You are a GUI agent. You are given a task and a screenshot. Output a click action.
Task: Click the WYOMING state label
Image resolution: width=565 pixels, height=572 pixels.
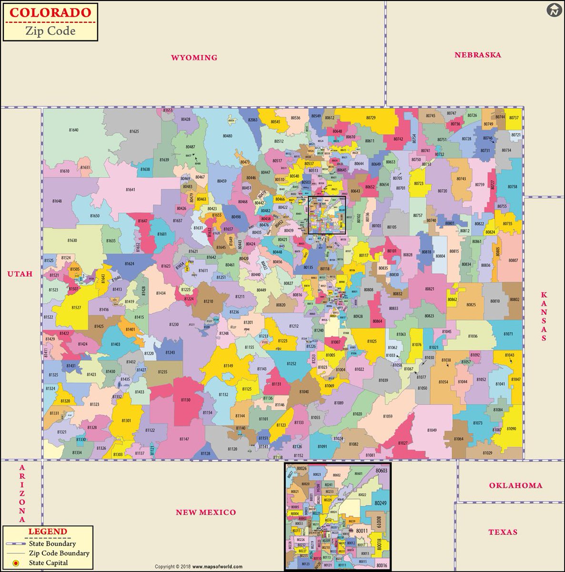coord(194,58)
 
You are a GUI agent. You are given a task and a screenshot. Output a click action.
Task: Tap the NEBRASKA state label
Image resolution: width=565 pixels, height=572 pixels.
coord(477,55)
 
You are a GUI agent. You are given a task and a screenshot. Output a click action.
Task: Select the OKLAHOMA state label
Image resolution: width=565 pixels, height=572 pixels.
coord(515,485)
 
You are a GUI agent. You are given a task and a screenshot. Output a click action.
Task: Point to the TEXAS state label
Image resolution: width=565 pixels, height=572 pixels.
coord(503,532)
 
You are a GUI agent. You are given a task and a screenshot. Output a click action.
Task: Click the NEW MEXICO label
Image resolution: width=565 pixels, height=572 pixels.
coord(206,512)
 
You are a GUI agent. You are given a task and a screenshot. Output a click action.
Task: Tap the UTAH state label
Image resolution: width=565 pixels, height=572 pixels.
coord(20,274)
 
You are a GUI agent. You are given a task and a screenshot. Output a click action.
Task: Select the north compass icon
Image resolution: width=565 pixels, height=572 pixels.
coord(553,10)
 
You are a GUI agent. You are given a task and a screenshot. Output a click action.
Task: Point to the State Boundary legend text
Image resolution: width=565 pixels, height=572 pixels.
coord(52,543)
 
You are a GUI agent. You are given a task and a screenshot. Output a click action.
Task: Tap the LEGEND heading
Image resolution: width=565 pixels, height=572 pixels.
coord(48,531)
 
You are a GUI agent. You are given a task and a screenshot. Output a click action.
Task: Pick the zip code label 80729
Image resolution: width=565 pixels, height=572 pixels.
coord(371,118)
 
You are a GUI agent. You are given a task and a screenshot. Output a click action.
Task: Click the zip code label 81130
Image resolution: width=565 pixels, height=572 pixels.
coord(185,400)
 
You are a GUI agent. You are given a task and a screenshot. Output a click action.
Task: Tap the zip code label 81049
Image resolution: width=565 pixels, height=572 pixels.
coord(432,430)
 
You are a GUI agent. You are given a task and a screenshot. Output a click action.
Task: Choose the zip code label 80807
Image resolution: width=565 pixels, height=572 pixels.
coord(513,260)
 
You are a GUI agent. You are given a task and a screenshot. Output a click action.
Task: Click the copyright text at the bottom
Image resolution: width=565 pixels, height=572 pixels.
coord(199,567)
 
